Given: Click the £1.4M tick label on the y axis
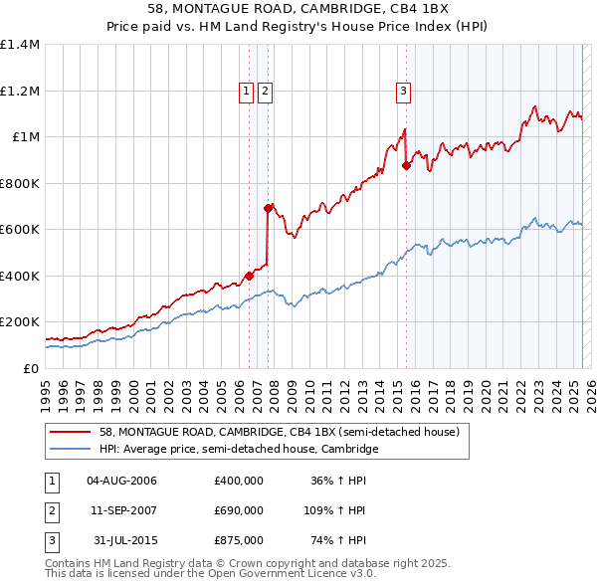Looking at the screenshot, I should coord(20,45).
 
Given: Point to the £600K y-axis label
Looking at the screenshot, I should coord(20,230).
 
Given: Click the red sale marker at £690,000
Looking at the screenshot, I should coord(268,208).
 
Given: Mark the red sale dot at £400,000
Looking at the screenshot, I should coord(248,276).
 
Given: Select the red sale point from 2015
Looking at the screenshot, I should coord(406,166).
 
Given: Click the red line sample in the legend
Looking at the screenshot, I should coord(70,433).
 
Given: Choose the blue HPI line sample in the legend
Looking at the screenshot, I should coord(70,450).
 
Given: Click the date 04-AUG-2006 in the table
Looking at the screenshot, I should coord(122,481).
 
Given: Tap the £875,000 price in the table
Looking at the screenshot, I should coord(239,540).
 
